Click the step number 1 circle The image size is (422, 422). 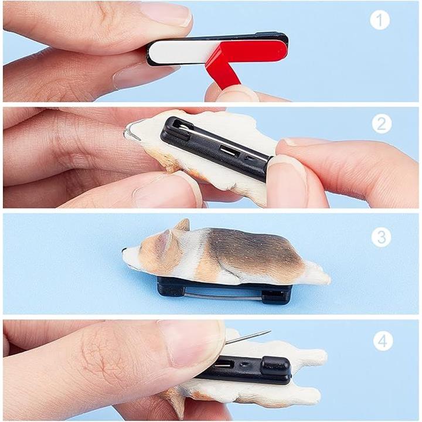380,20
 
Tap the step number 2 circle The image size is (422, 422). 382,124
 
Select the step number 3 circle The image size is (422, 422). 381,237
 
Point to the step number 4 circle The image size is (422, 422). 383,341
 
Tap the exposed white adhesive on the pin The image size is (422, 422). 183,52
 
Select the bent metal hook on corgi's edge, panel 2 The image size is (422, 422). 131,132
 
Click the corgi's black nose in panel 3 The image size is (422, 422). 124,250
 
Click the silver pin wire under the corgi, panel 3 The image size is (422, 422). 223,295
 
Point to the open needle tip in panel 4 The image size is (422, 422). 268,331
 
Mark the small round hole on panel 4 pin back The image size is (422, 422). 245,365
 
